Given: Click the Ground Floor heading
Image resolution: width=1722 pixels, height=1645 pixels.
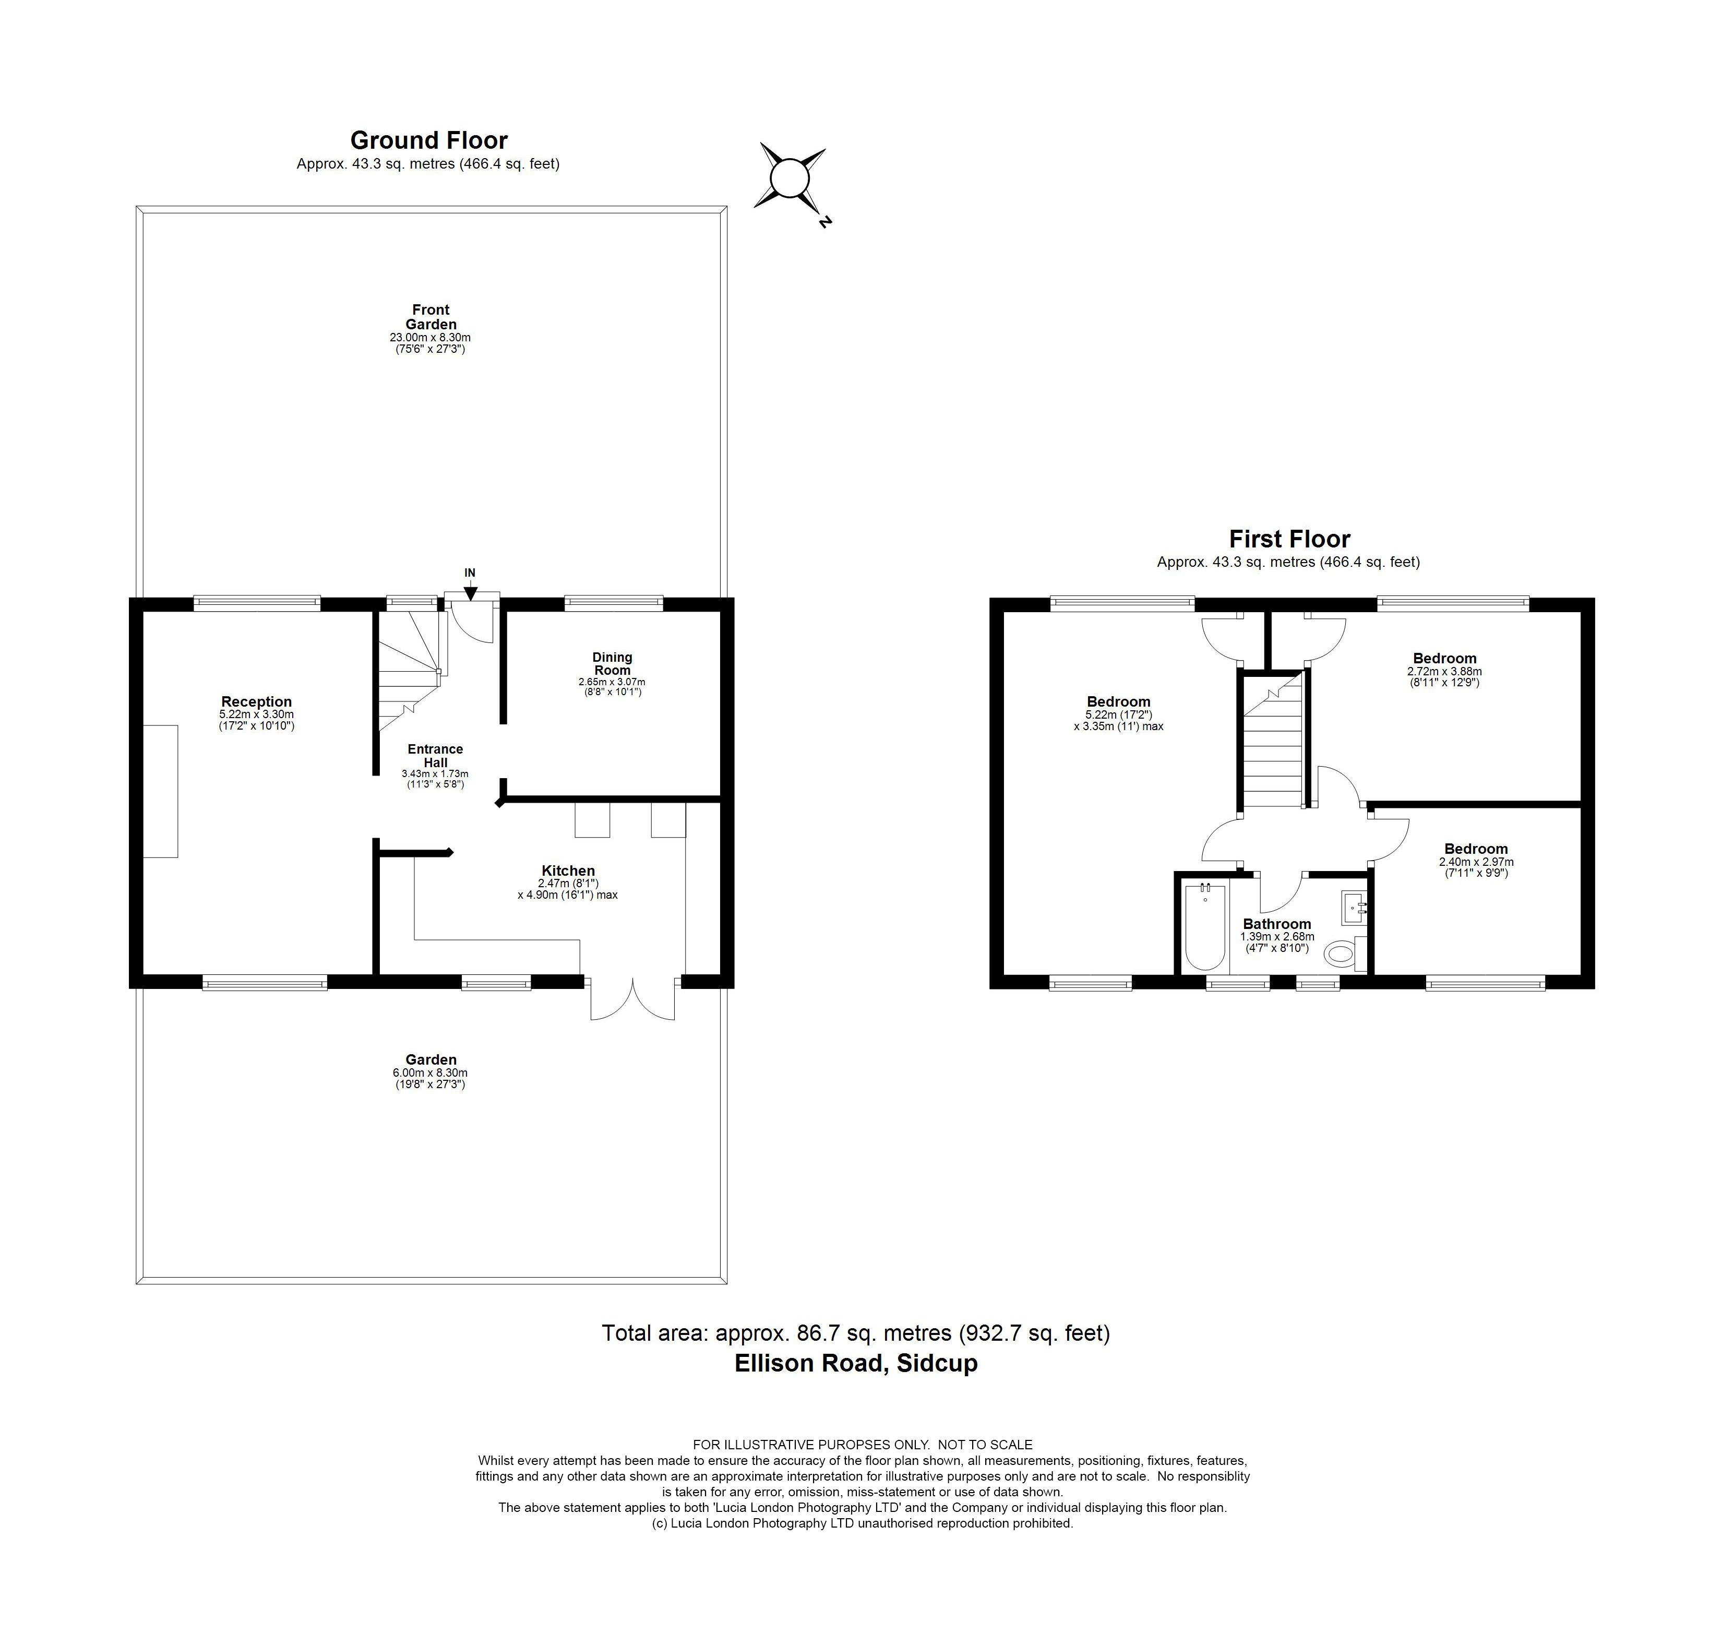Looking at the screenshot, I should [429, 140].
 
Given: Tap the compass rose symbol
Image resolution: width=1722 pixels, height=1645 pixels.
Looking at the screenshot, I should [788, 179].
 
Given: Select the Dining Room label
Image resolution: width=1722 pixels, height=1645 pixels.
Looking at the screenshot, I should [612, 664].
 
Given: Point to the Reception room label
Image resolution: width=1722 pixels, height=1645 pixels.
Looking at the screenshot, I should [256, 701].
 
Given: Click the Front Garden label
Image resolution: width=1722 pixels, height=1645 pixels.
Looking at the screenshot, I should [430, 317].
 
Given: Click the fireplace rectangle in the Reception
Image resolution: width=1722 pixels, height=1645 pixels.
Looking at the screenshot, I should [161, 791].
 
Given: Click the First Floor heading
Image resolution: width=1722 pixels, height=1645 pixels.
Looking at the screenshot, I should [1289, 539].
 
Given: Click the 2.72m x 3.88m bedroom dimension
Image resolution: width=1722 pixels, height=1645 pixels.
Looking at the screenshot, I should [1444, 672].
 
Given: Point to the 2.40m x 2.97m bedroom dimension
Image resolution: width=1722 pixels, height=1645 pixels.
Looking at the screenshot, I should [1476, 862].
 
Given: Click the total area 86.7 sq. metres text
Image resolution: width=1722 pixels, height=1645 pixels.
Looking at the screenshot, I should [856, 1333].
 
